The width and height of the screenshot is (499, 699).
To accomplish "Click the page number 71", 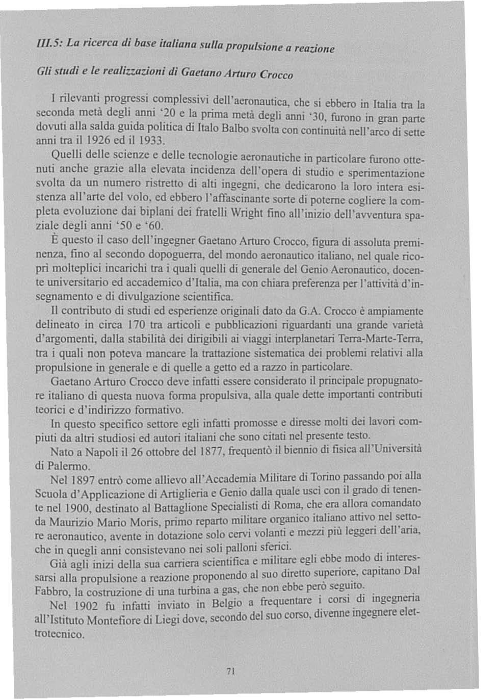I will tap(230, 671).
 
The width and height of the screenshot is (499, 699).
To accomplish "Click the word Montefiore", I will tap(114, 620).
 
